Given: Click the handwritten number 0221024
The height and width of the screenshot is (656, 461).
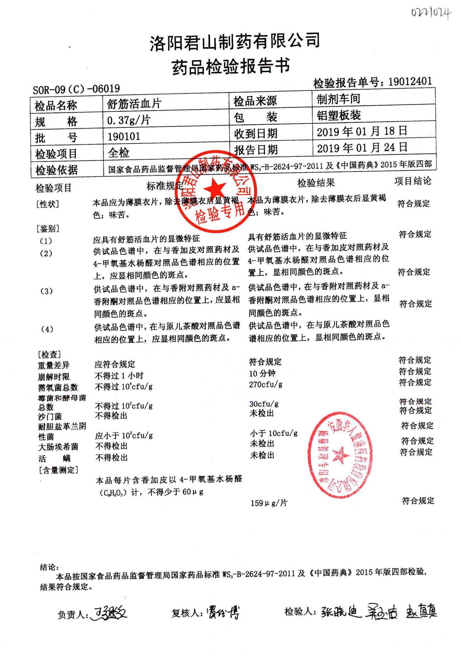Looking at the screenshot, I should click(431, 13).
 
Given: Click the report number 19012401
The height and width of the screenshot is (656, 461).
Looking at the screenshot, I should click(410, 81).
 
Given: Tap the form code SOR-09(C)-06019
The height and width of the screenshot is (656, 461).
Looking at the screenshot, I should click(76, 89).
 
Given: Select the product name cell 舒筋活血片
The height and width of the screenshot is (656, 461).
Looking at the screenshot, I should click(134, 104).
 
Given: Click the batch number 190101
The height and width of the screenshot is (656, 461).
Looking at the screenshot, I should click(124, 136).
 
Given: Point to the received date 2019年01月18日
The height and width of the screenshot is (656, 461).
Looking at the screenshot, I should click(362, 132).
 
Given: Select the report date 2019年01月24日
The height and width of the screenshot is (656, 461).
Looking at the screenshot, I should click(362, 148).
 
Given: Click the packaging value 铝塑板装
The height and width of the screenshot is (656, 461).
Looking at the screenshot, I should click(339, 115).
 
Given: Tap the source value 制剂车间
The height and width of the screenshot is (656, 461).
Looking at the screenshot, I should click(338, 99).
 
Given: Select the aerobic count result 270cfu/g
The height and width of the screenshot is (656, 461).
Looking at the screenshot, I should click(266, 385).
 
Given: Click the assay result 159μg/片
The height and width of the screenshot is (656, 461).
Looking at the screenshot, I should click(269, 503).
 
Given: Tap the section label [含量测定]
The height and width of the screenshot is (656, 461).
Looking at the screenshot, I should click(58, 470).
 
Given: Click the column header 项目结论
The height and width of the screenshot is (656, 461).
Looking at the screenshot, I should click(412, 181).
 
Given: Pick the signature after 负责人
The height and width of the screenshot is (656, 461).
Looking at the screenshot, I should click(109, 614).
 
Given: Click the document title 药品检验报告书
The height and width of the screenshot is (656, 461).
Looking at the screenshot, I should click(230, 66).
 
